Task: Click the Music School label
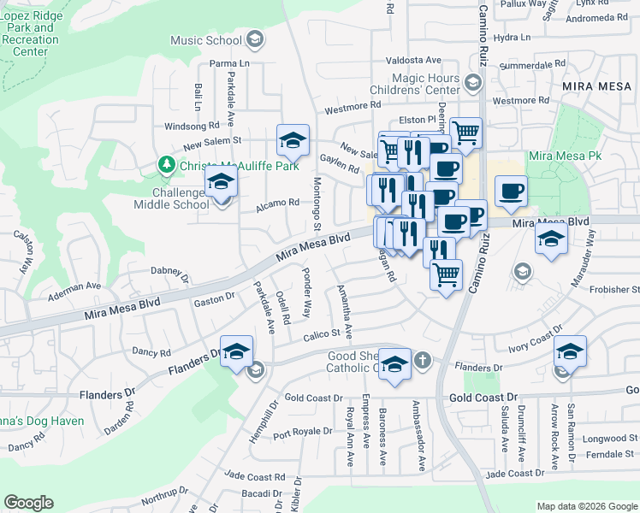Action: tap(206, 40)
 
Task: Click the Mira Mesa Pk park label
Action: tap(565, 156)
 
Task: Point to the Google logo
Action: tap(28, 503)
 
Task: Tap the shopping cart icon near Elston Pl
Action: tap(465, 133)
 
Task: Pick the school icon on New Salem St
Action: tap(293, 140)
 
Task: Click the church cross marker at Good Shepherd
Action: tap(421, 361)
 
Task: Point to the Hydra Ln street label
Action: tap(513, 38)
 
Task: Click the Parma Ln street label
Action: tap(231, 63)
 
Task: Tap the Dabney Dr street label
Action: tap(169, 273)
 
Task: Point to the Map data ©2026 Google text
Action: tap(586, 506)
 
